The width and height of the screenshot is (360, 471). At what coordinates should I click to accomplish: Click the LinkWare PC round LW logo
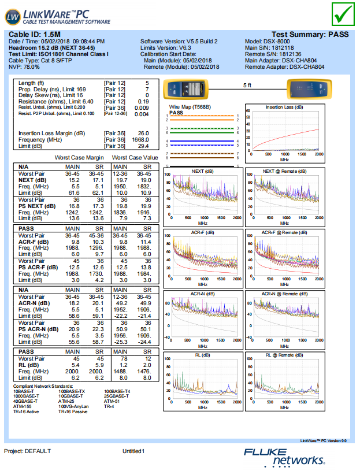tap(13, 17)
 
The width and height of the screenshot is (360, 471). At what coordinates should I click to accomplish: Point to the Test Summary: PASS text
tap(310, 35)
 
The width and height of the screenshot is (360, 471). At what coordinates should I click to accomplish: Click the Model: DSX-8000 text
tap(270, 42)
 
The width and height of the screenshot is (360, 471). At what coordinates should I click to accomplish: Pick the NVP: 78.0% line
tap(28, 67)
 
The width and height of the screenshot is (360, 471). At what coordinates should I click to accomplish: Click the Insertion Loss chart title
tap(283, 107)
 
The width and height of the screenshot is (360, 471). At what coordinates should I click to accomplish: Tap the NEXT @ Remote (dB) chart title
tap(284, 171)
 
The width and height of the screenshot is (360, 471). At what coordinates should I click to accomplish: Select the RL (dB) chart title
tap(202, 355)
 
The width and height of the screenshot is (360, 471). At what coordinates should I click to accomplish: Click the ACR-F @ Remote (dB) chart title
tap(284, 232)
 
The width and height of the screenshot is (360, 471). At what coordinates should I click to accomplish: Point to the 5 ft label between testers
tap(247, 85)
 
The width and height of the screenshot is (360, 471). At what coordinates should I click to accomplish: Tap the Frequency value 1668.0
tap(141, 139)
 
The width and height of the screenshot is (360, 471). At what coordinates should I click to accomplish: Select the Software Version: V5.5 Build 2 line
tap(179, 42)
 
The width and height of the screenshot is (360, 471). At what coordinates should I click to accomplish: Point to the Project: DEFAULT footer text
tap(28, 451)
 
